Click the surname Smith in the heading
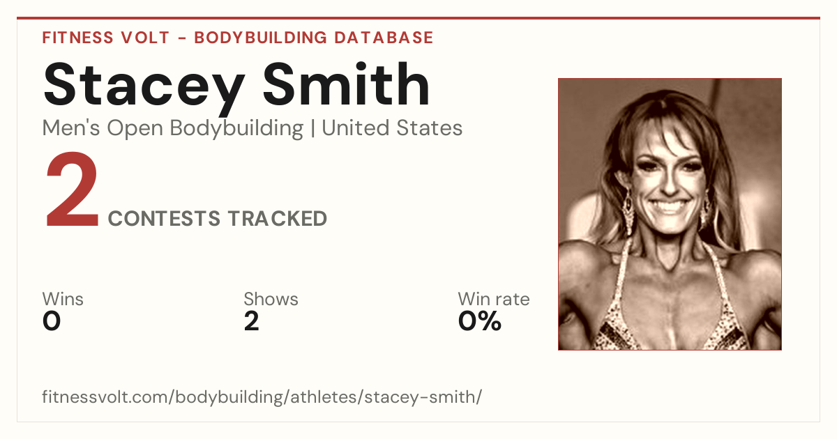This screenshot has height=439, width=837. pos(346,84)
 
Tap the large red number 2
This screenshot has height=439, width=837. pos(72,190)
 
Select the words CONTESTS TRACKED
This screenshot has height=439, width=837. pos(218,218)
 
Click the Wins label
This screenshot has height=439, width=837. pos(63,299)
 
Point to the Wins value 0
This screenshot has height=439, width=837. pos(52,321)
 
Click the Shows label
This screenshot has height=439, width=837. pos(271,299)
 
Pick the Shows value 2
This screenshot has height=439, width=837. pos(252,321)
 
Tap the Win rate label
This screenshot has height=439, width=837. pos(494,299)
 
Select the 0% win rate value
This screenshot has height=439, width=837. pos(480,321)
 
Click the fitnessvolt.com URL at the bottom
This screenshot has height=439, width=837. pos(262,396)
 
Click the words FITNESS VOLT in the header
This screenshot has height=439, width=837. pos(106,38)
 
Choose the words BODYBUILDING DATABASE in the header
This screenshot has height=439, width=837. pos(314,38)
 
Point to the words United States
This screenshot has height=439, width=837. pos(392,128)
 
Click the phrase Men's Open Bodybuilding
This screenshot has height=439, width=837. pos(173,129)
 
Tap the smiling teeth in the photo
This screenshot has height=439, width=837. pos(668,206)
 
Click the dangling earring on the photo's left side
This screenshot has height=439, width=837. pos(628,209)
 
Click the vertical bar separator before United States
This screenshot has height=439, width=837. pos(312,128)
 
